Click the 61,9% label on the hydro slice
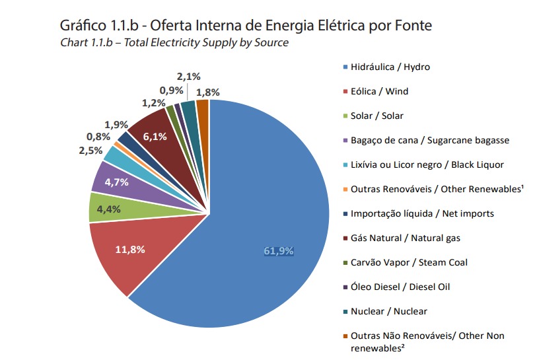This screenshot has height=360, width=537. [279, 251]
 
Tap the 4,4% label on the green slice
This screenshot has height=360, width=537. [108, 209]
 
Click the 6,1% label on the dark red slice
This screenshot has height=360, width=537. [155, 137]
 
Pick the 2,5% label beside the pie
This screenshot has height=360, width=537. [90, 151]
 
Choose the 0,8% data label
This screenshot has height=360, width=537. [98, 137]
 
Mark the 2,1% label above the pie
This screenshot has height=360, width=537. [189, 77]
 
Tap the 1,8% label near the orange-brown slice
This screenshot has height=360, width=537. [208, 92]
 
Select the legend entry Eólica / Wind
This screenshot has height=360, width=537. [376, 91]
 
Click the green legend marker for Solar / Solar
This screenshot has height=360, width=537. [345, 116]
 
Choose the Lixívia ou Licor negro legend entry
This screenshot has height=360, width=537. [423, 164]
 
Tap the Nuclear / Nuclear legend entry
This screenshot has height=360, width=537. [385, 311]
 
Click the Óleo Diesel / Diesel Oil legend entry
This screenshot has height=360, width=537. [396, 287]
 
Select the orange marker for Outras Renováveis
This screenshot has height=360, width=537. [345, 190]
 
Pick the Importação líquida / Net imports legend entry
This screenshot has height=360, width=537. [419, 214]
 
